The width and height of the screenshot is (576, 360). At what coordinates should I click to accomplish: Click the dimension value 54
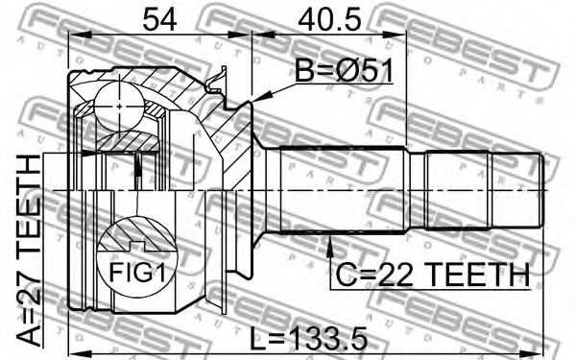coord(159,19)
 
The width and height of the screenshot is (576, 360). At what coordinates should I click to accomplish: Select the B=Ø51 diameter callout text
coord(345,72)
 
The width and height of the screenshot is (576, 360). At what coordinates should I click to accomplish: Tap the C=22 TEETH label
coord(433,275)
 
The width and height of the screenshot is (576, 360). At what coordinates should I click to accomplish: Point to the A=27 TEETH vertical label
coord(29,251)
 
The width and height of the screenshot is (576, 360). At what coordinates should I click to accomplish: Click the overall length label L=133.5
coord(308,339)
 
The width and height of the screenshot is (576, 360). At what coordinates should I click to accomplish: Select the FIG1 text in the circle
coord(137,273)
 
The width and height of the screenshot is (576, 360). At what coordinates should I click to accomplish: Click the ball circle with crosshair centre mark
coord(119,107)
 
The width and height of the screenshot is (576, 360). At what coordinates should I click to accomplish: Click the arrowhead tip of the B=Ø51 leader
coord(252,102)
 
